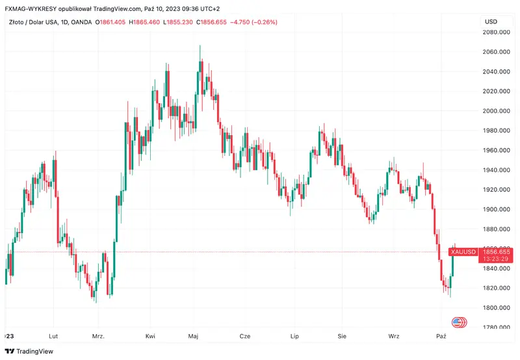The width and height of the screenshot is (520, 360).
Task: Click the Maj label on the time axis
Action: [193, 336]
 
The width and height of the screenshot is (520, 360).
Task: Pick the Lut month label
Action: [53, 336]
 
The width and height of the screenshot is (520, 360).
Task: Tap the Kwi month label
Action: [150, 336]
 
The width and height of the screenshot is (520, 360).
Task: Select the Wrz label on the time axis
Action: [394, 336]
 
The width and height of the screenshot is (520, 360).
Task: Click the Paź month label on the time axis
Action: [441, 336]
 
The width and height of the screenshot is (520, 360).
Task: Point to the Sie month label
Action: [343, 336]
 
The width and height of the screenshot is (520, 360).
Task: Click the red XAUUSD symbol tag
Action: [464, 251]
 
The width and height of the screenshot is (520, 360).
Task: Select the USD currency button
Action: [491, 21]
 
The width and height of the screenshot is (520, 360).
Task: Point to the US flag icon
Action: [458, 322]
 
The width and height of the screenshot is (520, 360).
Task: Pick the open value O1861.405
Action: [110, 22]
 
